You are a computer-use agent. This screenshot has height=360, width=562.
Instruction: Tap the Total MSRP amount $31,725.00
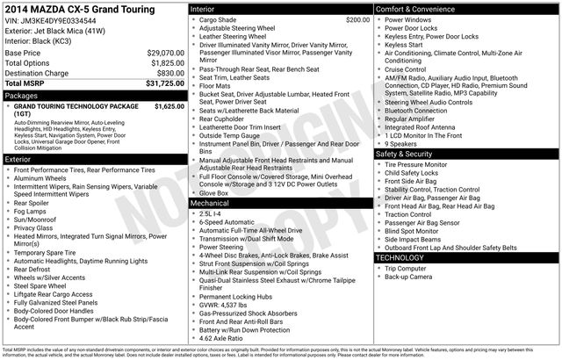coord(157,83)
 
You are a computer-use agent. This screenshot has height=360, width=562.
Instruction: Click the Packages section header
coord(21,95)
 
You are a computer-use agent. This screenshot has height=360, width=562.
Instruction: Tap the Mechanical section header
coord(210,202)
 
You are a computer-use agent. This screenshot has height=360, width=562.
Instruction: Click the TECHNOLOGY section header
coord(402,258)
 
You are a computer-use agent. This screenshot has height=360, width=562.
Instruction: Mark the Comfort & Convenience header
coord(418,8)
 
